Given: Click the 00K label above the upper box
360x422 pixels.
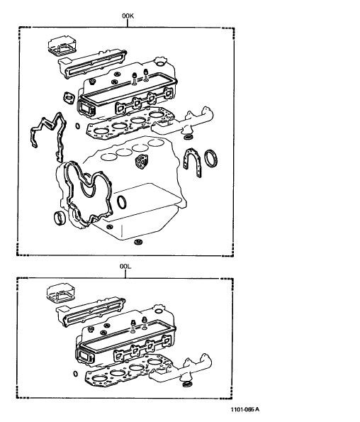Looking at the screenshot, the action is tap(128, 16).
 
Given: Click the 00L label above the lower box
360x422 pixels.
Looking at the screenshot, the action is tap(125, 267).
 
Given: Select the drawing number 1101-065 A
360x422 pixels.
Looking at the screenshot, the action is tap(245, 409).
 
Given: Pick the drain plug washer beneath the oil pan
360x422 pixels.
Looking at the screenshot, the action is tap(138, 242).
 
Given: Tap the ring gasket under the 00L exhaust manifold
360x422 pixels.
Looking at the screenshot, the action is tap(186, 384).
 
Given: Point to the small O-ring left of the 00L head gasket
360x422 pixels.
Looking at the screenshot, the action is tap(76, 374).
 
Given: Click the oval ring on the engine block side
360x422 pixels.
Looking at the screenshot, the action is tap(121, 202).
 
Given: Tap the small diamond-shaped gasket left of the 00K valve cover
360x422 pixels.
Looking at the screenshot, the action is tap(69, 98).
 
